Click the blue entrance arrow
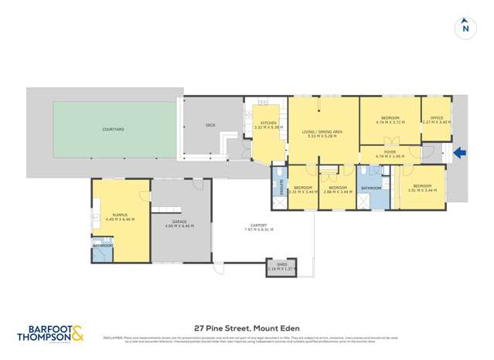460,153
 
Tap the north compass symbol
465,28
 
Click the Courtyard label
114,129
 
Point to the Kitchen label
268,124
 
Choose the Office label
437,118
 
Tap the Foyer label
390,152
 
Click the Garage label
179,222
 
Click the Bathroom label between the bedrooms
370,188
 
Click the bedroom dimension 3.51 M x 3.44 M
421,190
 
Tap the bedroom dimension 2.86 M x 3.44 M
337,191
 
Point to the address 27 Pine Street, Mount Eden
247,328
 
